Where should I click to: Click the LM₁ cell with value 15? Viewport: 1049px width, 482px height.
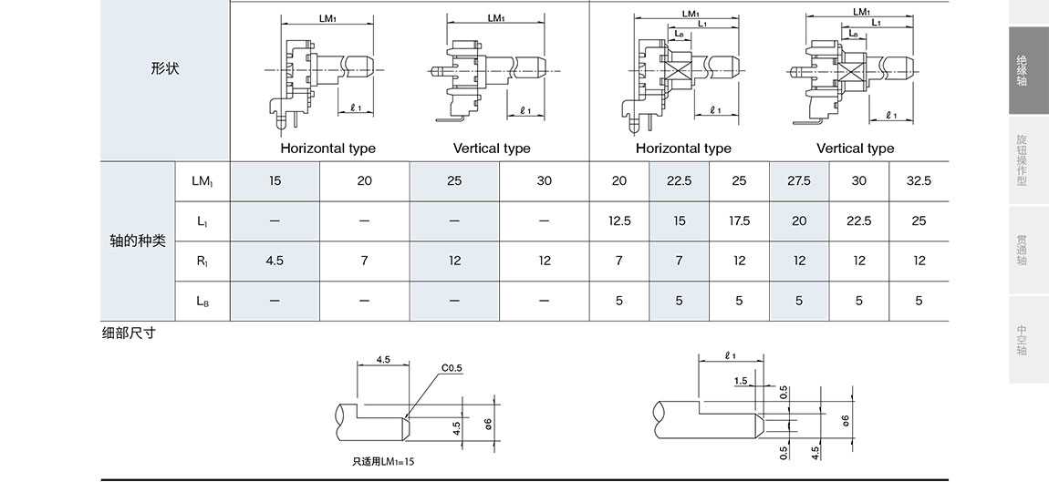(x=275, y=181)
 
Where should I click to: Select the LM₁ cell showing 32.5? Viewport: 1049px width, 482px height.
(x=919, y=181)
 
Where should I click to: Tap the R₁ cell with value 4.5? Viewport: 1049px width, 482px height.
(x=275, y=261)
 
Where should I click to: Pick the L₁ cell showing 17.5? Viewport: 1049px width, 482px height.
(x=739, y=221)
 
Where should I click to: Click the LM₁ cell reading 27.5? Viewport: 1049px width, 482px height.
(x=799, y=181)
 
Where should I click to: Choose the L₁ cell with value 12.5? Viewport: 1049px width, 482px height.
(x=618, y=221)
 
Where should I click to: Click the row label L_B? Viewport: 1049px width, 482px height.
(x=202, y=301)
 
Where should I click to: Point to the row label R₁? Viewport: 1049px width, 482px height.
(x=202, y=261)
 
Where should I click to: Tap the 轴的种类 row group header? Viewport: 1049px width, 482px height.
(x=138, y=241)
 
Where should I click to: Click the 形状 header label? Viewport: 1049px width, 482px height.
(x=164, y=68)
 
